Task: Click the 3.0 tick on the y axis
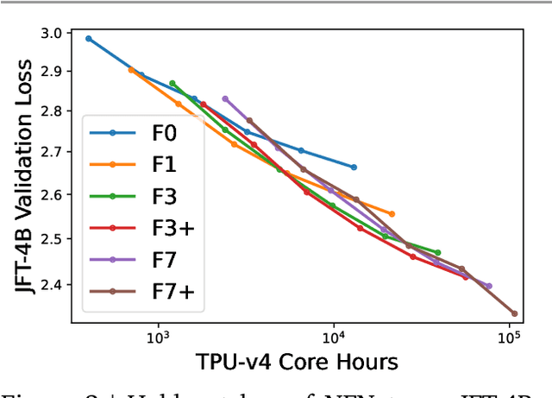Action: coord(52,33)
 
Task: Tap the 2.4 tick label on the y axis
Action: coord(52,284)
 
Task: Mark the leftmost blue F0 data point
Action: coord(89,39)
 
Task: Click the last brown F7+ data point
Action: coord(514,313)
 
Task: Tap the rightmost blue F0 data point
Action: coord(354,167)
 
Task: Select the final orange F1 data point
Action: coord(392,213)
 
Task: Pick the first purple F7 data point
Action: coord(225,98)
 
